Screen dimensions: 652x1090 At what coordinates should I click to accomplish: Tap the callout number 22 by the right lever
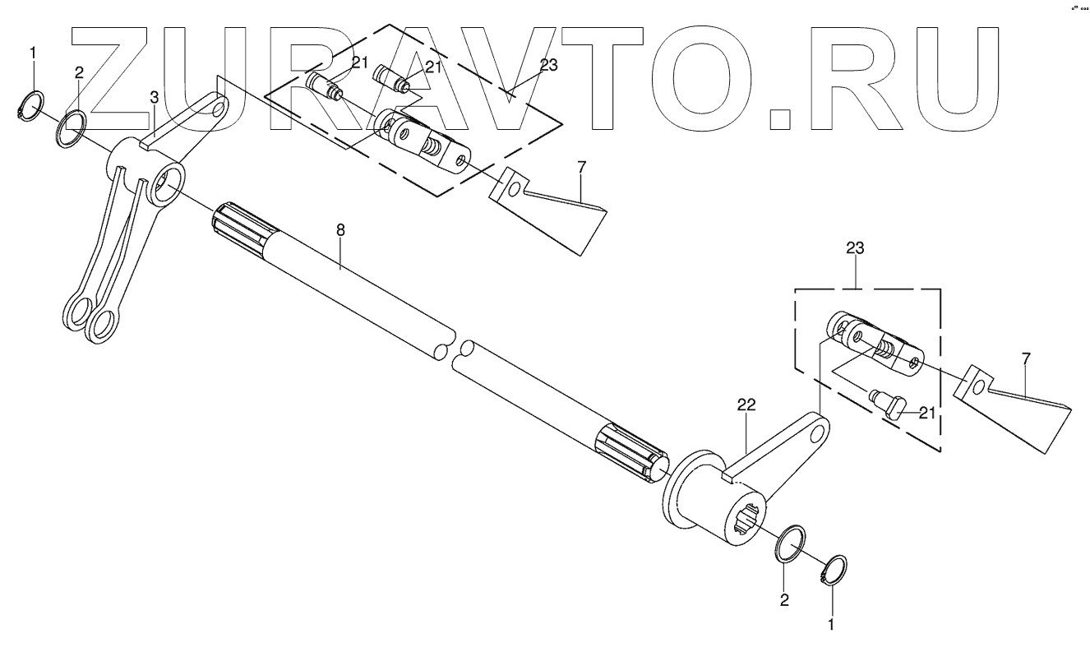tap(746, 405)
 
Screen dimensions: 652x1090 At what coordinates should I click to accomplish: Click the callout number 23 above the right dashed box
tap(854, 247)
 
